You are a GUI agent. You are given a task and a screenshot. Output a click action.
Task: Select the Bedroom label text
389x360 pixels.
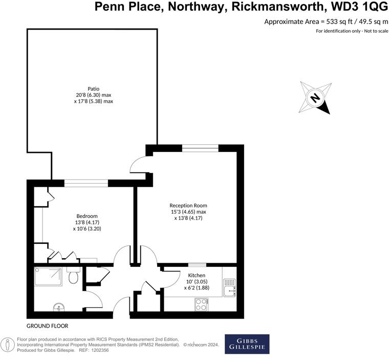coord(87,216)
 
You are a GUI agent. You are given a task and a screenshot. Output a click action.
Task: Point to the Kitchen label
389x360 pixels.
coord(197,275)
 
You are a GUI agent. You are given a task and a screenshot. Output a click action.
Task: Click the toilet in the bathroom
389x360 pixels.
coord(73,277)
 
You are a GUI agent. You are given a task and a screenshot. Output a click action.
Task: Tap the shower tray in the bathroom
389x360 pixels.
coord(49,276)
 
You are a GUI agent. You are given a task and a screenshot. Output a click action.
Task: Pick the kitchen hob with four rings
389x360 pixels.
coord(201,304)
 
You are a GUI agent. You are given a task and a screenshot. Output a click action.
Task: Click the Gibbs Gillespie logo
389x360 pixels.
coord(247,344)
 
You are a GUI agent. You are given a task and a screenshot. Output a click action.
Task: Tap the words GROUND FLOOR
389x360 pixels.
coord(48,326)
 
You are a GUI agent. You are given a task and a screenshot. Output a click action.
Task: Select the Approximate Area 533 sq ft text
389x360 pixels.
coord(326,21)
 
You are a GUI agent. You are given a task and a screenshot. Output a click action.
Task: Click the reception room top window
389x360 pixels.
coord(201,148)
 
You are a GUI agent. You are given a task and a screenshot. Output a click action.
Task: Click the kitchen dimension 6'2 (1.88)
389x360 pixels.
coord(197,288)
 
